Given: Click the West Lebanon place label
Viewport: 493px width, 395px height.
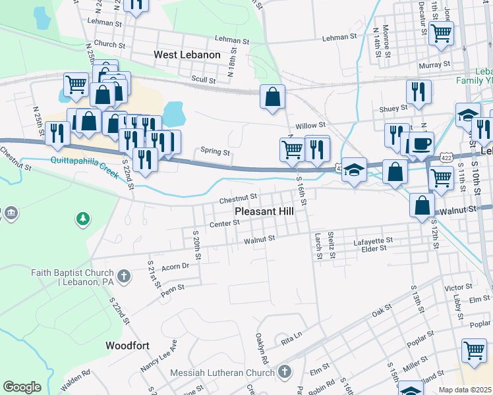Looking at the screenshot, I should tap(187, 55).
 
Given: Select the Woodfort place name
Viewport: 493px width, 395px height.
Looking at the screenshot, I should tap(127, 345).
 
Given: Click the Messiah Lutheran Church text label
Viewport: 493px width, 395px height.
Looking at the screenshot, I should tap(221, 373).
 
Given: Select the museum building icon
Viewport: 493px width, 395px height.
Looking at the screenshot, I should tap(11, 213).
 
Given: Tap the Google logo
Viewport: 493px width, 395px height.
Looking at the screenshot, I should tap(22, 387).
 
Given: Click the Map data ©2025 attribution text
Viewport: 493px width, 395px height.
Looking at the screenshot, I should tap(465, 390).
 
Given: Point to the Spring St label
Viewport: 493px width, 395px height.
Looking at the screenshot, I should tap(216, 152).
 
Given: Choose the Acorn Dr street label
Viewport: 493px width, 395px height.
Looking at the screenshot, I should tap(175, 266).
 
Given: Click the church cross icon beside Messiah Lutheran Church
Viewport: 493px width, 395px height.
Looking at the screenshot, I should tap(285, 373).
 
